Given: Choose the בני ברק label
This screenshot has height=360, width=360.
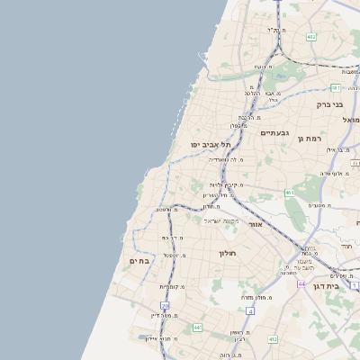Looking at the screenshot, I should coord(329,104).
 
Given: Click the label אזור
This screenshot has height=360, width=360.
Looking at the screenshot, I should coord(255,224).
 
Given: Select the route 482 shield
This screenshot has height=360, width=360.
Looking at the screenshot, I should coord(310,37).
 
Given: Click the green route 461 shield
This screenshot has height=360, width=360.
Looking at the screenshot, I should coord(289,193).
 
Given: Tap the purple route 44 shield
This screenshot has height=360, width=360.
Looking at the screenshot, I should coord(301,283).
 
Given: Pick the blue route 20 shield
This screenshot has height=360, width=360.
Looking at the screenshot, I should coord(165,306).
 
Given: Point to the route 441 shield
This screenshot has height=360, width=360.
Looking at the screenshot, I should coord(197,328).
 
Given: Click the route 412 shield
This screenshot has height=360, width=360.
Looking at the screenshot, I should coord(273,339).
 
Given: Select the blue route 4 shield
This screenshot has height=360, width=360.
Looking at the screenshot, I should coord(250,310).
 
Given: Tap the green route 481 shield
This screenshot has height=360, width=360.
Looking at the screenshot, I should coord(335,88).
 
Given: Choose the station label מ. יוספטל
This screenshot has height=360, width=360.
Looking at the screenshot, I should coord(175,256).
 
